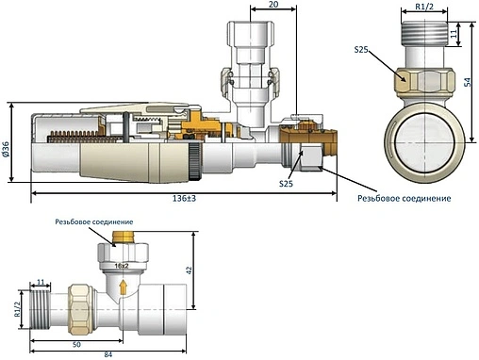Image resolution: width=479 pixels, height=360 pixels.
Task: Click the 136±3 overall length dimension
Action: tap(184, 199)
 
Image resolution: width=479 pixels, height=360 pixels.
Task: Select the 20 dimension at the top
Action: tap(273, 5)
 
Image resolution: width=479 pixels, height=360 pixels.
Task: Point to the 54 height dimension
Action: tap(468, 82)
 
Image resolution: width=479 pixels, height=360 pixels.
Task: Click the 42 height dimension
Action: tap(189, 270)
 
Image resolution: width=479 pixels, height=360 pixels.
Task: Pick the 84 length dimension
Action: tap(107, 355)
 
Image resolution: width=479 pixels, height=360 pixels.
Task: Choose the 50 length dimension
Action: tap(76, 345)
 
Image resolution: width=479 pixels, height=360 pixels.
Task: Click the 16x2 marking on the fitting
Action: tap(122, 266)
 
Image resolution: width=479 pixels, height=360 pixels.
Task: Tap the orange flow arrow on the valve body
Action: tap(124, 286)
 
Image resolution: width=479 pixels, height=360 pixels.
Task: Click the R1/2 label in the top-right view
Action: tap(424, 7)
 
